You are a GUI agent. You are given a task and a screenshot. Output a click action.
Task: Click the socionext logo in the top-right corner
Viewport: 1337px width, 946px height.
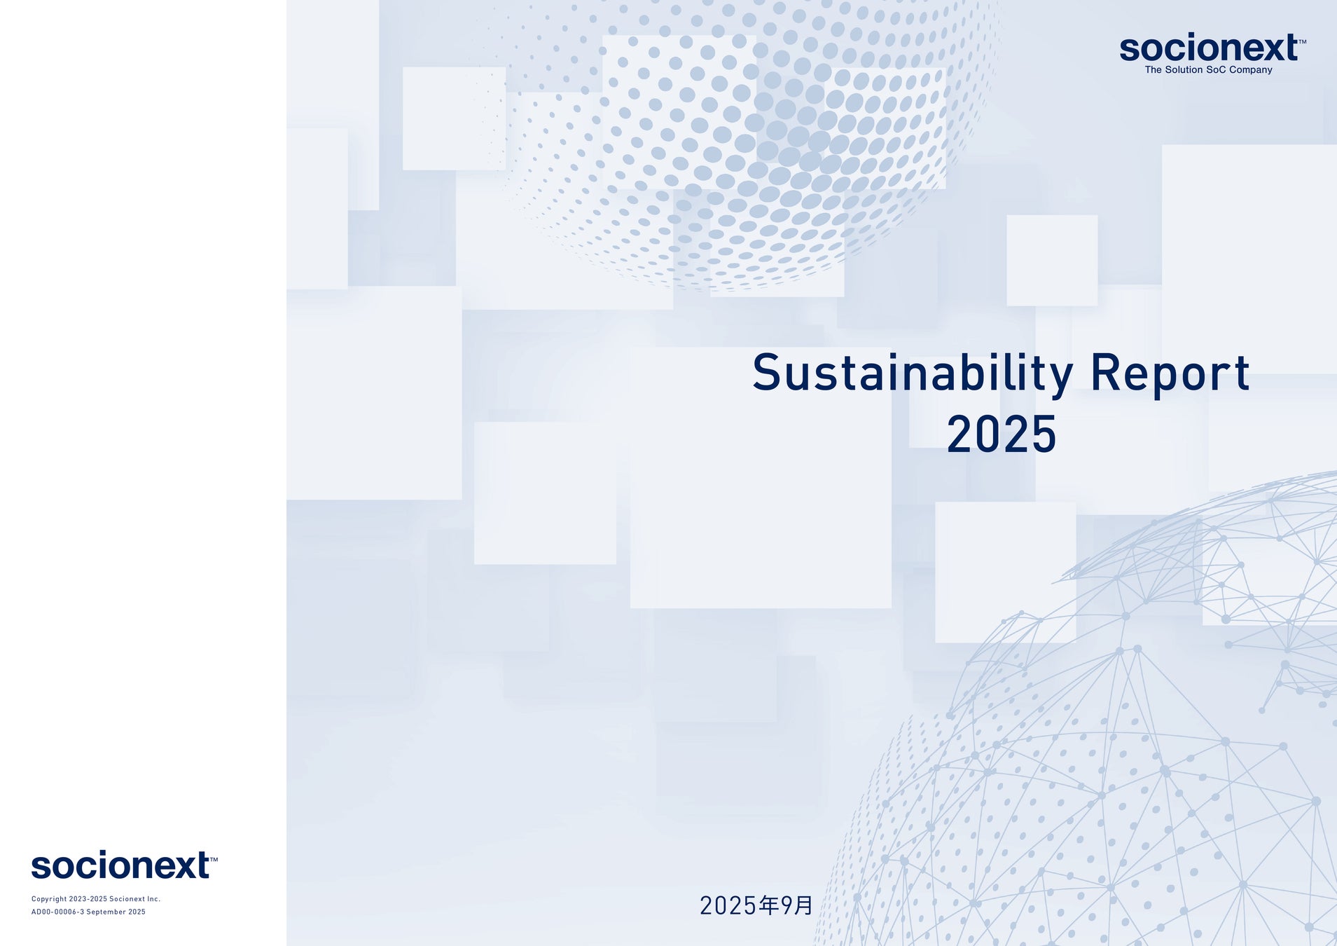[1212, 53]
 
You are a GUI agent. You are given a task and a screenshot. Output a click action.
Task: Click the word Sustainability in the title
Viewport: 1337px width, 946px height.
[913, 373]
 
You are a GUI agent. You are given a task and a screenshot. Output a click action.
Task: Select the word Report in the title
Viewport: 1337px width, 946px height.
[1170, 373]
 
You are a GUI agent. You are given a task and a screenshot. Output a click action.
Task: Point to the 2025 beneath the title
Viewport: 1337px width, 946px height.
[1002, 434]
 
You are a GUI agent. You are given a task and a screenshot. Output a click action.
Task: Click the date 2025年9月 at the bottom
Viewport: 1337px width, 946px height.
[756, 905]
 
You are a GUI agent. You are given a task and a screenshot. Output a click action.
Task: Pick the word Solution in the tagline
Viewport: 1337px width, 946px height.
[1184, 70]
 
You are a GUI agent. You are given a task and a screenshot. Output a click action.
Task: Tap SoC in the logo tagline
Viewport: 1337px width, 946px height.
[1216, 70]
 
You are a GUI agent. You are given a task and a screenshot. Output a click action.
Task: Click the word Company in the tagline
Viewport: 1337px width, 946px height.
[1251, 70]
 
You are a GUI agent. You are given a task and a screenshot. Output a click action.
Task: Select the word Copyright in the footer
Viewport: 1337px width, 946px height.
[49, 899]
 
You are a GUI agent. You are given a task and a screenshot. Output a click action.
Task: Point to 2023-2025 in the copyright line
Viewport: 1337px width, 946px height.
[88, 899]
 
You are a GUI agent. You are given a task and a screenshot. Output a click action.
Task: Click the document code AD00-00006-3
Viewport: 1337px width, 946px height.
[57, 912]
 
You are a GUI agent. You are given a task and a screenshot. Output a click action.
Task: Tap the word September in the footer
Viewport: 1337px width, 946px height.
[106, 912]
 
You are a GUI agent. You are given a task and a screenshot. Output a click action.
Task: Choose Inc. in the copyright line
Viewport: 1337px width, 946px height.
[154, 899]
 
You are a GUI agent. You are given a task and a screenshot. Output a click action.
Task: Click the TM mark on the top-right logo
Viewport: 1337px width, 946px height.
[1303, 41]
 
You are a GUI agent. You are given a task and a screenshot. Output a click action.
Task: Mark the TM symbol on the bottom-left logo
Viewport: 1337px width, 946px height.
[214, 859]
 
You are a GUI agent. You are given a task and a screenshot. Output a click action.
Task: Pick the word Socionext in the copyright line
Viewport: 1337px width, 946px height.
[127, 899]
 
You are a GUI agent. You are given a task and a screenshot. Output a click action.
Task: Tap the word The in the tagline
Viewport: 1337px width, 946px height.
[1154, 70]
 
